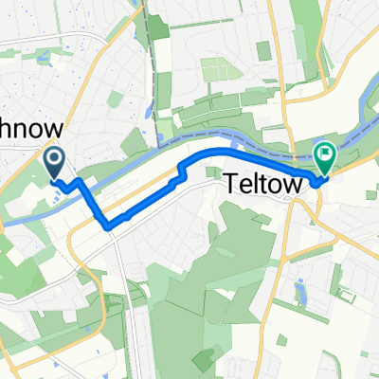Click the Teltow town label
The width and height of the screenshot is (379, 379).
click(x=264, y=183)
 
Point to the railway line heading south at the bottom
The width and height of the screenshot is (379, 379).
click(x=122, y=313)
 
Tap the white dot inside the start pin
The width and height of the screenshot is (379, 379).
click(x=55, y=155)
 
